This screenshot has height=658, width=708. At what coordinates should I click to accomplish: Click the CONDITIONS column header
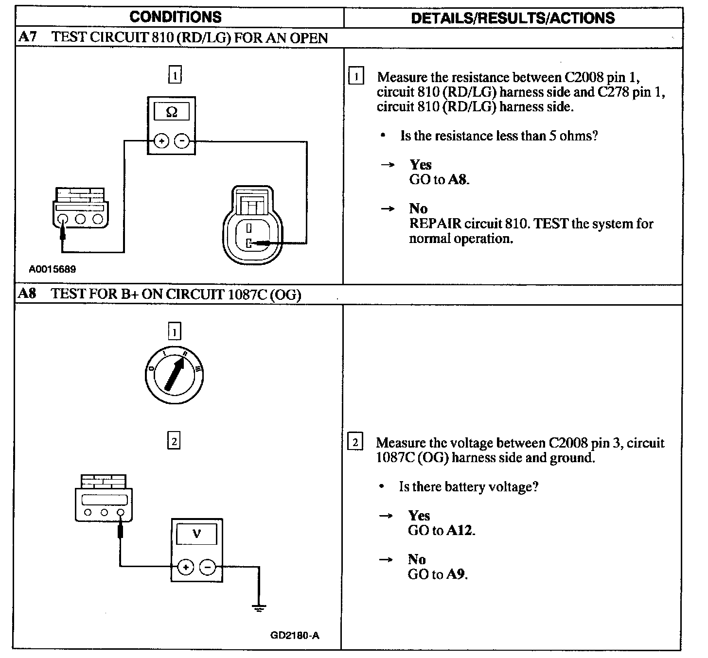coord(176,17)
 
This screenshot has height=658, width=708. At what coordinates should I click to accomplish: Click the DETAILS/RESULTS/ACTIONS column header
coord(513,18)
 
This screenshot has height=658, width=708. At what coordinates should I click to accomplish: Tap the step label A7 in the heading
coord(27,37)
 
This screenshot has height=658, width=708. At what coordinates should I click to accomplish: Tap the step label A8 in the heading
coord(27,294)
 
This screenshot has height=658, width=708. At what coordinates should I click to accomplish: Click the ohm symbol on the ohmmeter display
coord(172,112)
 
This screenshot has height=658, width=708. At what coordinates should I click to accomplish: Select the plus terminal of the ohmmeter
coord(161,141)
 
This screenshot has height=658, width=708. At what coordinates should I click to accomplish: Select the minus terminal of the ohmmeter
coord(182,141)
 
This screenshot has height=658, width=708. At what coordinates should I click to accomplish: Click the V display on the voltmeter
coord(196,534)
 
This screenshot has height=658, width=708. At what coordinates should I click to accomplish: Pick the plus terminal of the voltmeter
coord(186,567)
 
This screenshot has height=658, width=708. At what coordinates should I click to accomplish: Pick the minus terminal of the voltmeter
coord(208,567)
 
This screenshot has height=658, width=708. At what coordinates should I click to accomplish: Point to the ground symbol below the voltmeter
coord(259,607)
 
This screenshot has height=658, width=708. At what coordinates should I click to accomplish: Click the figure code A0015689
coord(52,269)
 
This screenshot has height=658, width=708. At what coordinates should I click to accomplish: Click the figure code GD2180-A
coord(295,636)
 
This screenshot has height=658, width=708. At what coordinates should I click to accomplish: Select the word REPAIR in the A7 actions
coord(435,224)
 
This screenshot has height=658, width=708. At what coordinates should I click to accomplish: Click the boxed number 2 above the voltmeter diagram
coord(174,441)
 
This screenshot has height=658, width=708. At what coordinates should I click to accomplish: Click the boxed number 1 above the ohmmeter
coord(175,75)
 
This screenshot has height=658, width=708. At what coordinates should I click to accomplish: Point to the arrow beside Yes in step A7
coord(388,165)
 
